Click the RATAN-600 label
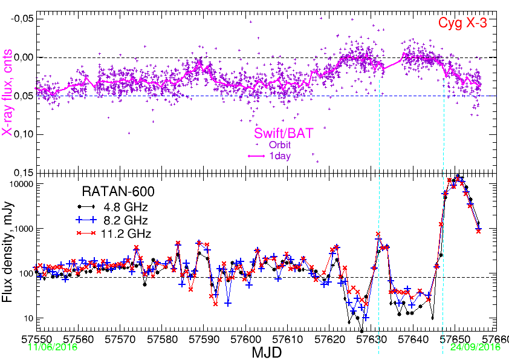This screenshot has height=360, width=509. (118, 192)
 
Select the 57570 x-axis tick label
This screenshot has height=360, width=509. (122, 339)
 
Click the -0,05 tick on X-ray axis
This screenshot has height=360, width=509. (20, 19)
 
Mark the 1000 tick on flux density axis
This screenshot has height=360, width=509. (21, 229)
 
